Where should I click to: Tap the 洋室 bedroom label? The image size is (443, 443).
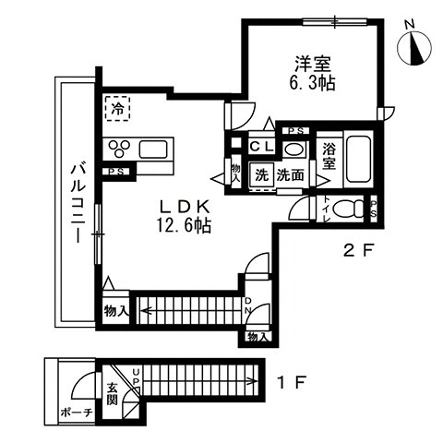click(x=313, y=64)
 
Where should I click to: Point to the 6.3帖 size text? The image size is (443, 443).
click(x=312, y=82)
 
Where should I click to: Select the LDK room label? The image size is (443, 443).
click(x=185, y=208)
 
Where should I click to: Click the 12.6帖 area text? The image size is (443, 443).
click(x=184, y=225)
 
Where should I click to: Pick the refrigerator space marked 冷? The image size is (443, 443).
click(x=117, y=109)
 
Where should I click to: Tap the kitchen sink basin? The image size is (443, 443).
click(x=153, y=150)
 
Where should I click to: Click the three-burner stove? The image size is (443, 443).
click(x=120, y=149)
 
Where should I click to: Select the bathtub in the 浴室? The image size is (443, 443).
click(x=358, y=159)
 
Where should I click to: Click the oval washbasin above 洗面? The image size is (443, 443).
click(x=294, y=150)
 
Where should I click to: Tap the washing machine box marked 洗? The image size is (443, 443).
click(x=262, y=175)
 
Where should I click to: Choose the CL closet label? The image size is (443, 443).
click(x=261, y=147)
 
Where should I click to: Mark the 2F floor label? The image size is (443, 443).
click(x=357, y=251)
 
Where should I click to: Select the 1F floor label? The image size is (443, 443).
click(x=291, y=382)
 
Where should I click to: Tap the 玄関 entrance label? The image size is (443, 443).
click(x=113, y=393)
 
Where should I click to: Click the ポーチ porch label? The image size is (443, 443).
click(x=77, y=412)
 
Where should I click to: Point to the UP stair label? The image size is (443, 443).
click(x=136, y=377)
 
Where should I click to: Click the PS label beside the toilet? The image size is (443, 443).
click(x=374, y=209)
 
